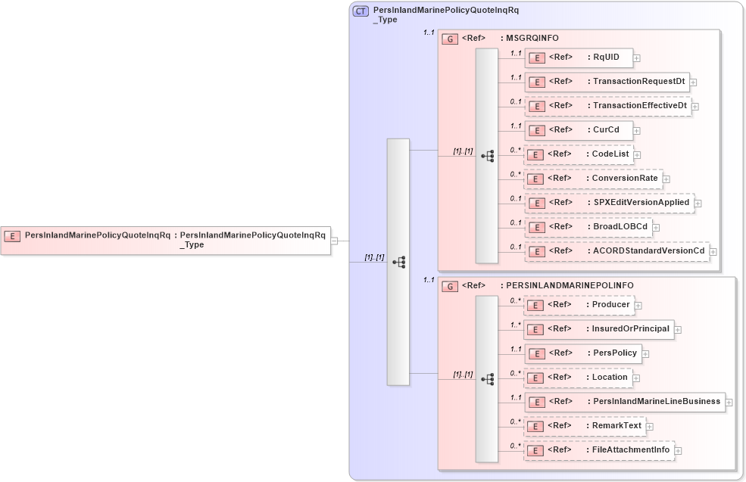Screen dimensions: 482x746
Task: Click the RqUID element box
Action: click(x=579, y=58)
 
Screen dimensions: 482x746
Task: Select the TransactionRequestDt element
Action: click(x=606, y=82)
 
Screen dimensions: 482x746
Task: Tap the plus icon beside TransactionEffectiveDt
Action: click(x=695, y=107)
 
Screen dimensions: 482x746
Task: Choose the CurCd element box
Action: click(x=579, y=130)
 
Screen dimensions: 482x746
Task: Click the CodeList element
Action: click(x=579, y=154)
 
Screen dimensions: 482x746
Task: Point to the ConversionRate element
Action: click(x=593, y=179)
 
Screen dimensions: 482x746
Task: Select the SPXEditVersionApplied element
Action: click(x=609, y=203)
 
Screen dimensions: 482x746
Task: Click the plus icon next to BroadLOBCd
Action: click(x=656, y=227)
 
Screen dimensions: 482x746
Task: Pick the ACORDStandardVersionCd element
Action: click(x=616, y=251)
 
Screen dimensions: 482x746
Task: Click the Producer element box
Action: click(x=579, y=305)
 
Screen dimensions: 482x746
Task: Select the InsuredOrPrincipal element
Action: click(x=599, y=329)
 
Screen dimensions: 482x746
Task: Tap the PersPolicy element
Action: click(x=583, y=353)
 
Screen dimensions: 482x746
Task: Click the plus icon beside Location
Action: click(x=636, y=378)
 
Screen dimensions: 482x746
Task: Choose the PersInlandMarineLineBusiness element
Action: click(x=625, y=402)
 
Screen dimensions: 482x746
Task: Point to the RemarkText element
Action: click(x=585, y=426)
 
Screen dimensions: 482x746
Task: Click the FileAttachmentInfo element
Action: click(x=599, y=450)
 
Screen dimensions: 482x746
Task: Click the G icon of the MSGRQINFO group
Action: click(x=450, y=39)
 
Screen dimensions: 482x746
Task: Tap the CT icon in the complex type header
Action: click(x=361, y=11)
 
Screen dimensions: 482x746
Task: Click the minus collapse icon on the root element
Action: click(x=334, y=241)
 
